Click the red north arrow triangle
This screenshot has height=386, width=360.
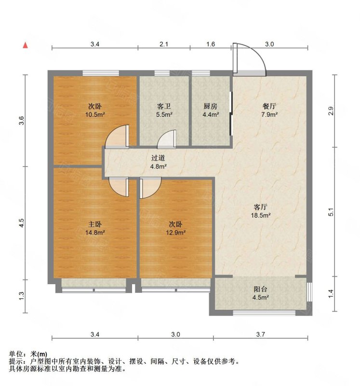pyautogui.click(x=25, y=45)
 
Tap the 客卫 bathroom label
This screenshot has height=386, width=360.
pyautogui.click(x=164, y=106)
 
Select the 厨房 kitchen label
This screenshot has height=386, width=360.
pyautogui.click(x=211, y=106)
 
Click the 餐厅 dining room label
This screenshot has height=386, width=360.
pyautogui.click(x=269, y=106)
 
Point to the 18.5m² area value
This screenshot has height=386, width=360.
pyautogui.click(x=261, y=215)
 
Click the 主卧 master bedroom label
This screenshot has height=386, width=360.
pyautogui.click(x=95, y=224)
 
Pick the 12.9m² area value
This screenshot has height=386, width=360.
pyautogui.click(x=175, y=233)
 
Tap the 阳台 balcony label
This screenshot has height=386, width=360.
pyautogui.click(x=260, y=289)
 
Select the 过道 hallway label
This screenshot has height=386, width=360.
pyautogui.click(x=158, y=158)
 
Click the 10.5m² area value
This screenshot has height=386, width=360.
pyautogui.click(x=95, y=114)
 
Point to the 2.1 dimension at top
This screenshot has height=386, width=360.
pyautogui.click(x=164, y=44)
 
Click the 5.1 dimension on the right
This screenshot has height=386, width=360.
pyautogui.click(x=331, y=212)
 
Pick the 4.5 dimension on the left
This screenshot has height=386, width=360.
pyautogui.click(x=22, y=223)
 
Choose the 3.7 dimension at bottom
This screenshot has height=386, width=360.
pyautogui.click(x=260, y=334)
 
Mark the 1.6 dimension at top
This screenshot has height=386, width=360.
pyautogui.click(x=211, y=44)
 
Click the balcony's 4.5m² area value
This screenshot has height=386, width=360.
pyautogui.click(x=260, y=297)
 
